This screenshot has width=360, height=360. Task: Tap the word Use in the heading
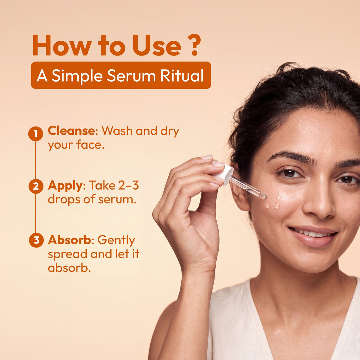pyautogui.click(x=157, y=45)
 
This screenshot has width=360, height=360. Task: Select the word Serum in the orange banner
pyautogui.click(x=131, y=76)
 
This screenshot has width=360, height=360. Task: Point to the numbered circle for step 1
pyautogui.click(x=35, y=133)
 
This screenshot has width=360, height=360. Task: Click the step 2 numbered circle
pyautogui.click(x=36, y=186)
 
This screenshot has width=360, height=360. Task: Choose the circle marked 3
pyautogui.click(x=36, y=240)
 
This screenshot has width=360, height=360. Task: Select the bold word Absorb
pyautogui.click(x=70, y=240)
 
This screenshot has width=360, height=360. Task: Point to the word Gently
pyautogui.click(x=116, y=241)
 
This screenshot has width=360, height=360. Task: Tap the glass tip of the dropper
pyautogui.click(x=264, y=196)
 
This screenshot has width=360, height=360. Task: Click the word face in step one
pyautogui.click(x=90, y=145)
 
